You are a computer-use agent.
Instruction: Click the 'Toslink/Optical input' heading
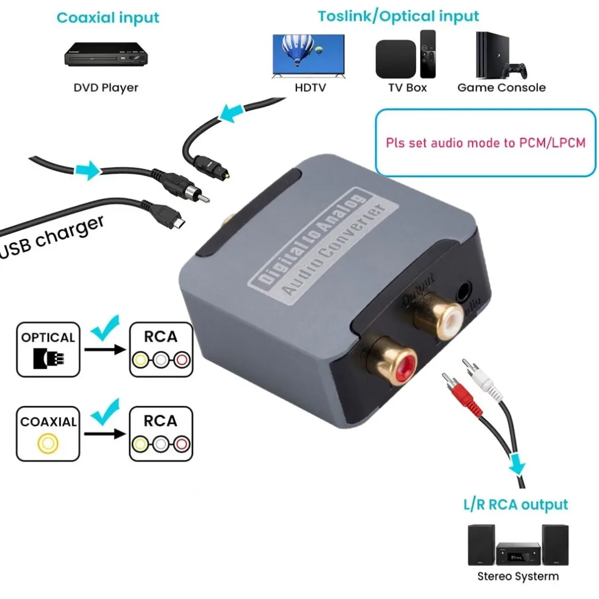(x=399, y=16)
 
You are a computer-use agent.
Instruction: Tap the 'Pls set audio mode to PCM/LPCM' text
(x=485, y=144)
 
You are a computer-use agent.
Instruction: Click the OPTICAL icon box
(x=48, y=349)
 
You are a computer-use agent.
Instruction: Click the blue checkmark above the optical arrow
(x=105, y=329)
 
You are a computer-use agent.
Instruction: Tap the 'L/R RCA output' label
(x=514, y=504)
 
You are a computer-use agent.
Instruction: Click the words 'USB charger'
(x=53, y=237)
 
